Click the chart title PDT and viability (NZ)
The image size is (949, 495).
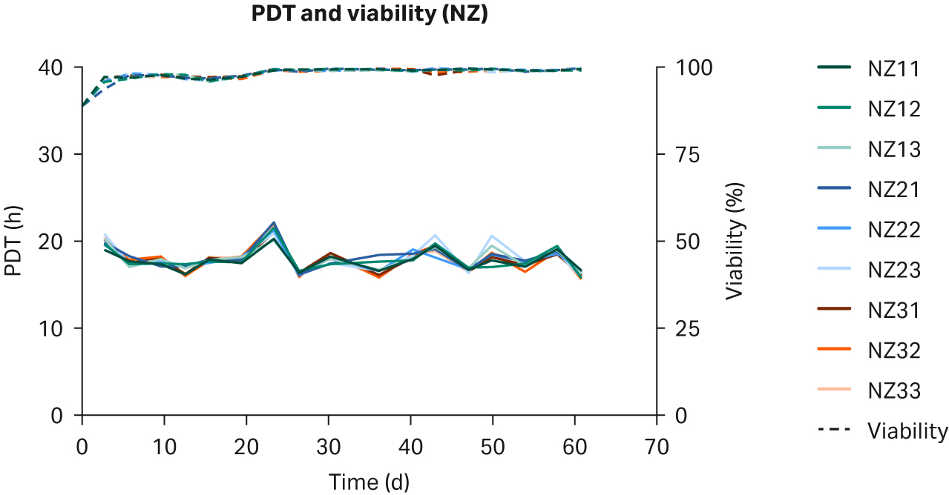coord(369,14)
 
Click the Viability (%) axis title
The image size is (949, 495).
coord(735,242)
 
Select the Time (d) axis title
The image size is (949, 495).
coord(369,482)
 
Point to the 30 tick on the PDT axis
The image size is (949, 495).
coord(55,154)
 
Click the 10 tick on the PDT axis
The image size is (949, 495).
coord(55,328)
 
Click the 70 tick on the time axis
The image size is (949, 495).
coord(657,447)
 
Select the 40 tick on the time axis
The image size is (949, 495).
coord(410,447)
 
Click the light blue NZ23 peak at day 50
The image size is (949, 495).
coord(492,236)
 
